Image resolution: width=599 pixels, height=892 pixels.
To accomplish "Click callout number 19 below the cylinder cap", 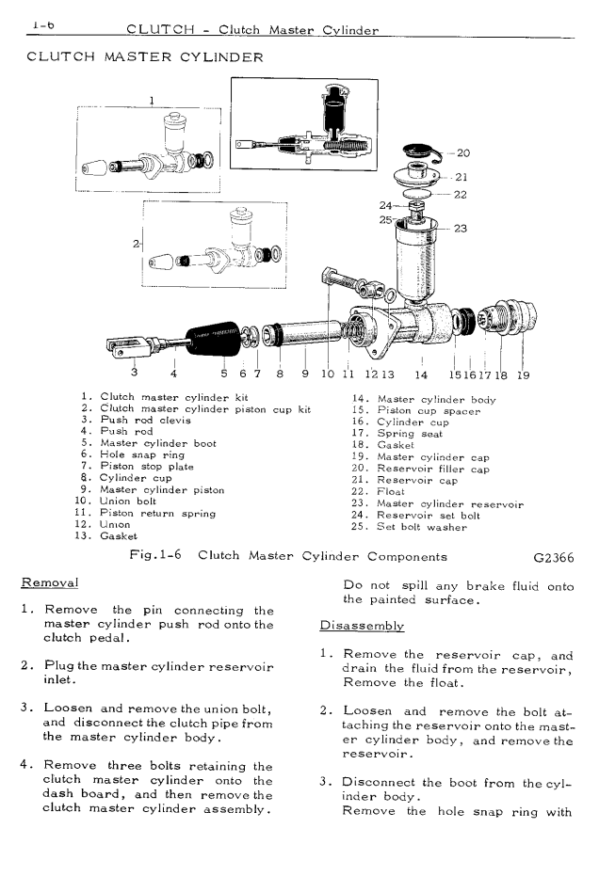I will coord(524,374).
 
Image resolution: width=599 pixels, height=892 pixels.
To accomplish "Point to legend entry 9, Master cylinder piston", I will coord(152,489).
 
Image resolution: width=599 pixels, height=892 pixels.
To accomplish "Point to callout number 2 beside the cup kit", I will coord(137,245).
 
